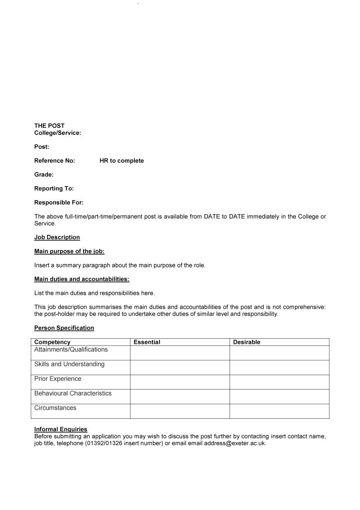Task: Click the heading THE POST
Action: [x=49, y=126]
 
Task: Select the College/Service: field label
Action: [x=58, y=133]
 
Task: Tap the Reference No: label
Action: [x=54, y=161]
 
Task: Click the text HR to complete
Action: [x=122, y=161]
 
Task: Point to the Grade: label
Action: [x=44, y=175]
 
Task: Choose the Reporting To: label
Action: [x=54, y=189]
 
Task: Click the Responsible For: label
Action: [x=59, y=203]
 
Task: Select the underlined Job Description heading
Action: [x=57, y=237]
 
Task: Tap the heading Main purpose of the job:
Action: [x=69, y=251]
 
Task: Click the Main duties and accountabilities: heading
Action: [x=82, y=279]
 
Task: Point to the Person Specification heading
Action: [x=64, y=328]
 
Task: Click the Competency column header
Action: [x=52, y=342]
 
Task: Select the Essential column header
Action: [x=147, y=342]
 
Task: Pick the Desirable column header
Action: [x=246, y=342]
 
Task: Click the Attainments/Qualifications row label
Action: [x=71, y=349]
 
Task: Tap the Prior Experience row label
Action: [x=58, y=379]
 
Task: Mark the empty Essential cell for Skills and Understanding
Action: [x=180, y=367]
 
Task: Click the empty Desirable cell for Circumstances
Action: [x=279, y=411]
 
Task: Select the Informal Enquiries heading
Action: [x=60, y=429]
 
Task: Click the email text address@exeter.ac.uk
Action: [x=235, y=444]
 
